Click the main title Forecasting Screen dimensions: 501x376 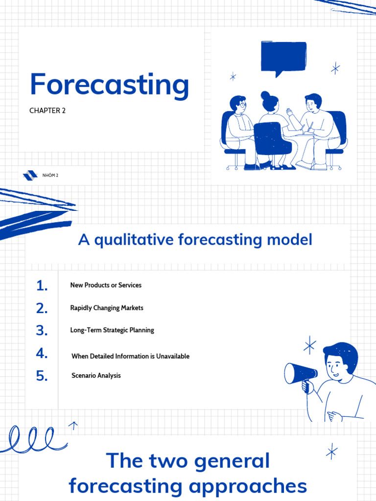[109, 85]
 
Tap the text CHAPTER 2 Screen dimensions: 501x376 [47, 111]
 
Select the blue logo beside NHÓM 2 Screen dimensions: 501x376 [30, 175]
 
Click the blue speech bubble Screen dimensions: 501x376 [283, 58]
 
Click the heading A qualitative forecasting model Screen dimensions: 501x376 [195, 240]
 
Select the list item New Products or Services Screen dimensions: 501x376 [106, 285]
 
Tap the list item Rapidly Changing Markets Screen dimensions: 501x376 [107, 308]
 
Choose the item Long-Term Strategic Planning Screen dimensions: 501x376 [112, 330]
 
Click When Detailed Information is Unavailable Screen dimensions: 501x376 [130, 356]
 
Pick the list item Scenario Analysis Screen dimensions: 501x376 [96, 376]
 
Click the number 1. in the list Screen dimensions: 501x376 [42, 286]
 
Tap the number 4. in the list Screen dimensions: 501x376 [42, 353]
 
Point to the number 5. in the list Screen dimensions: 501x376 [42, 376]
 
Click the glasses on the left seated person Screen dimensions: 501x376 [242, 104]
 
